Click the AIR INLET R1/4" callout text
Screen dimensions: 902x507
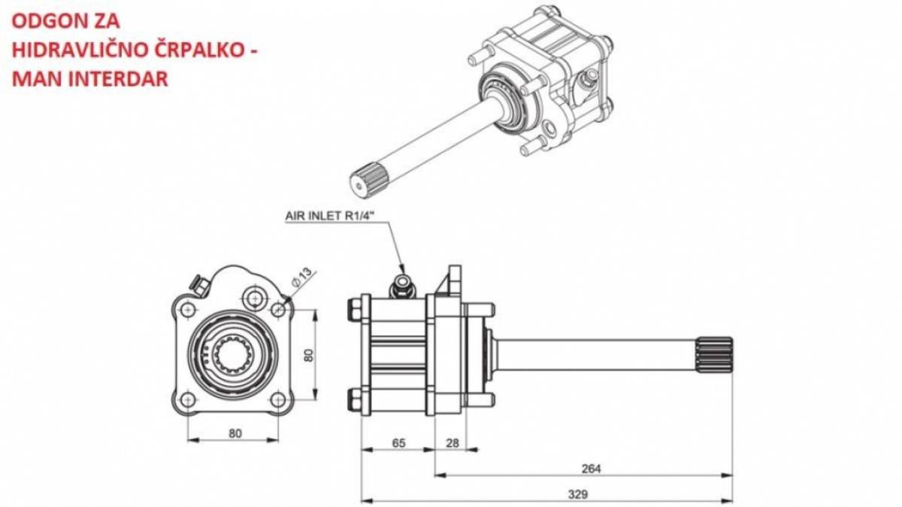329,216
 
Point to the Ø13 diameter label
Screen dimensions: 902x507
302,277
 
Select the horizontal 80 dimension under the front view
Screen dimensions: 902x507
235,433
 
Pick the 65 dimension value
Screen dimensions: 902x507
398,443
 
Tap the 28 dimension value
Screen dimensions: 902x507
453,443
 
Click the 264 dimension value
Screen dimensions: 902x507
591,469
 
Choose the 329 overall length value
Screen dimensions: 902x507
578,493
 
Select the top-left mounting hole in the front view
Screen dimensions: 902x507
187,309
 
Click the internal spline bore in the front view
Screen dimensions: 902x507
232,354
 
